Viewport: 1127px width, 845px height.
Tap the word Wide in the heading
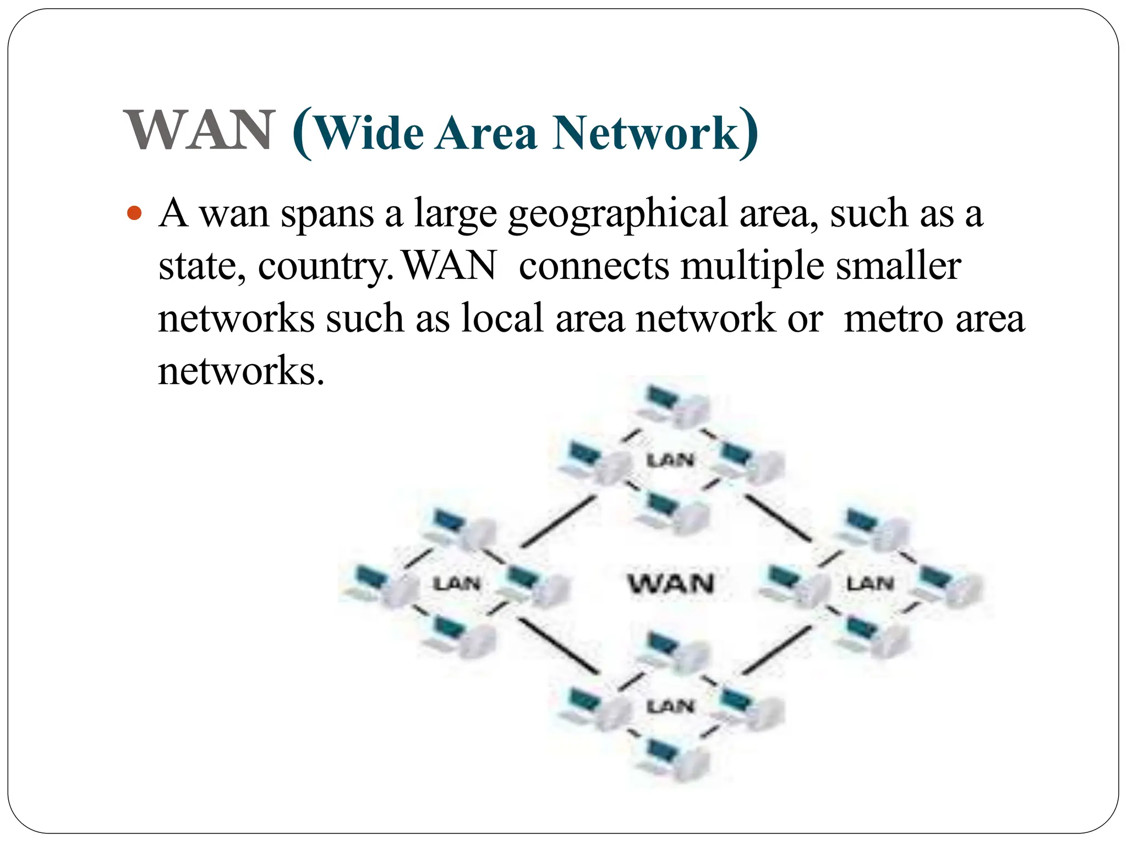click(370, 133)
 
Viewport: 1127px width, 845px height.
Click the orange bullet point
click(134, 212)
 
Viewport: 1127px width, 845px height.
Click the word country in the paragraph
click(325, 266)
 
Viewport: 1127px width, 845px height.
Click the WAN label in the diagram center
click(671, 583)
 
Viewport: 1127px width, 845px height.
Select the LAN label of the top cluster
click(670, 460)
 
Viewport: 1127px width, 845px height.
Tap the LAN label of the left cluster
click(457, 583)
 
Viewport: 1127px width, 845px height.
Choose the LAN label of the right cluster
click(869, 583)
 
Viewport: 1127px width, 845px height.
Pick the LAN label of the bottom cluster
click(670, 706)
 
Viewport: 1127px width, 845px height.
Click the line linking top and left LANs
click(559, 520)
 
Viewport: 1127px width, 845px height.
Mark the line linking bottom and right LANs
click(777, 650)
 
